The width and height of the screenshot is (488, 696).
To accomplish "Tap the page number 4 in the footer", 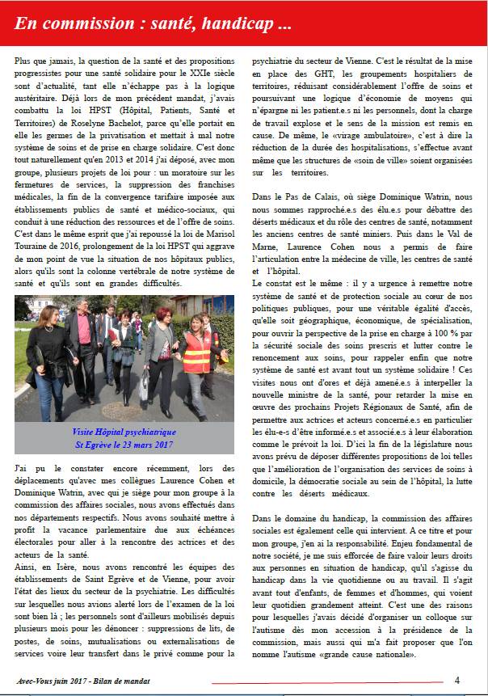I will pos(456,680).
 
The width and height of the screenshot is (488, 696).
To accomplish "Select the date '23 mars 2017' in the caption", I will pos(148,445).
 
